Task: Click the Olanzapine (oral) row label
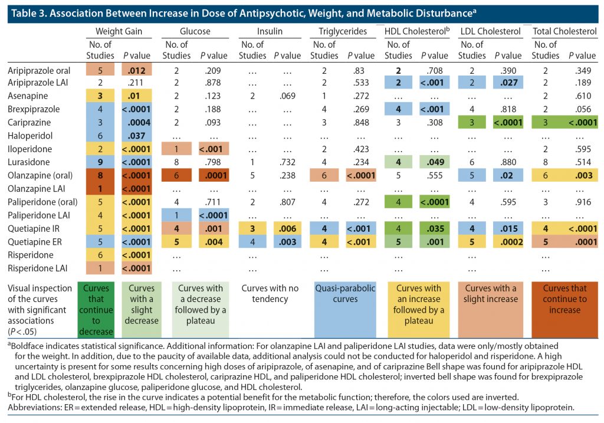[37, 176]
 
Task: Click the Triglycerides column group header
[340, 31]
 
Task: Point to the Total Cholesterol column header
[564, 31]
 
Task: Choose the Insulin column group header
[270, 31]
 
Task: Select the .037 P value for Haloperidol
[137, 135]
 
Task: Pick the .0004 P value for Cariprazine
[137, 122]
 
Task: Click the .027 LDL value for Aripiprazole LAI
[508, 83]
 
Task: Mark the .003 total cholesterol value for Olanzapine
[581, 176]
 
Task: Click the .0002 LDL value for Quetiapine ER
[508, 241]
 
